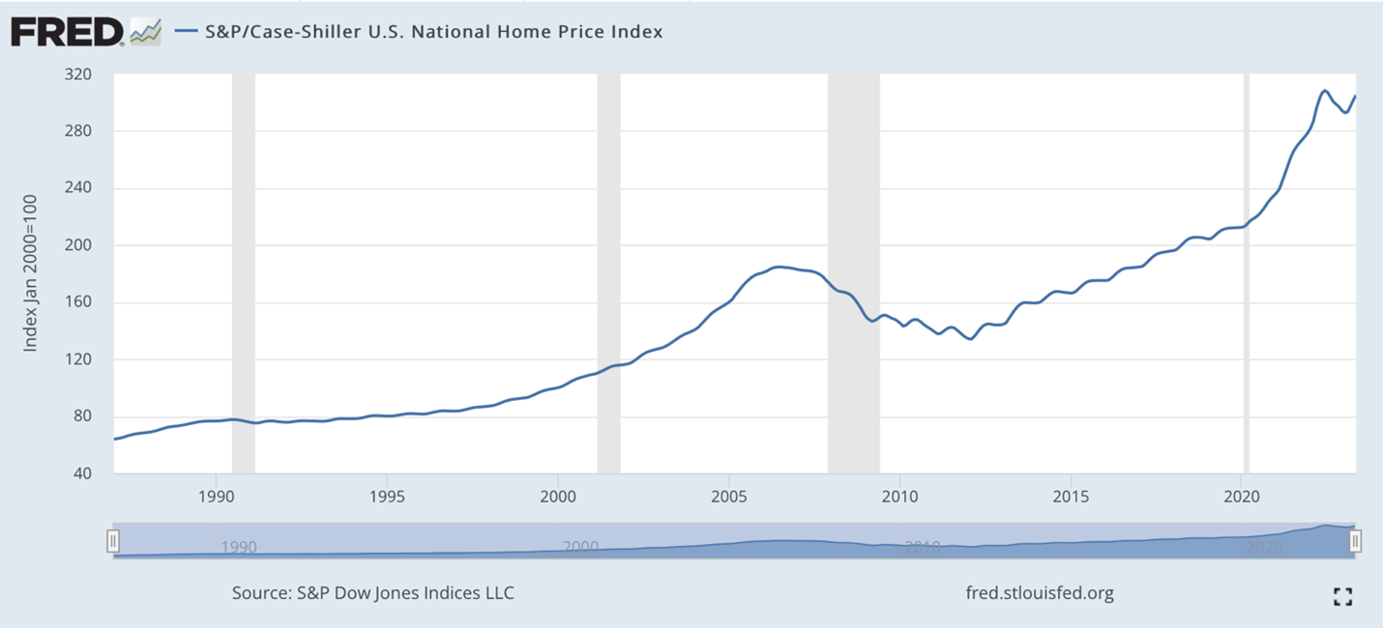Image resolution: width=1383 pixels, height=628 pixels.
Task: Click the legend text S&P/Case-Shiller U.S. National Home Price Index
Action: tap(432, 31)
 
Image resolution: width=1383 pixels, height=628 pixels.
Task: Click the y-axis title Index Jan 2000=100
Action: tap(31, 273)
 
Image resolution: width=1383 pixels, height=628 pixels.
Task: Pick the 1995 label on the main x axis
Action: tap(387, 497)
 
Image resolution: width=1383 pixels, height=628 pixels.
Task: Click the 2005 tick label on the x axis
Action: tap(728, 497)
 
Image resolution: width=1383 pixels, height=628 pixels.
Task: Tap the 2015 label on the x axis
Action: tap(1071, 497)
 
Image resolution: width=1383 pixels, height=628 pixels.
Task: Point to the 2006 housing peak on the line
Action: tap(779, 267)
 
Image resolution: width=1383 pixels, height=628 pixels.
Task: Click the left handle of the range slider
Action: tap(113, 541)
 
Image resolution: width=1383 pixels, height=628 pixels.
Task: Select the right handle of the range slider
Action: tap(1355, 541)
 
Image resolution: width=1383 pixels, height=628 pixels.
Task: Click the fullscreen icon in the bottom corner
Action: tap(1342, 596)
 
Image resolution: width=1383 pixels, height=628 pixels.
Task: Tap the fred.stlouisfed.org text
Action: tap(1040, 592)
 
